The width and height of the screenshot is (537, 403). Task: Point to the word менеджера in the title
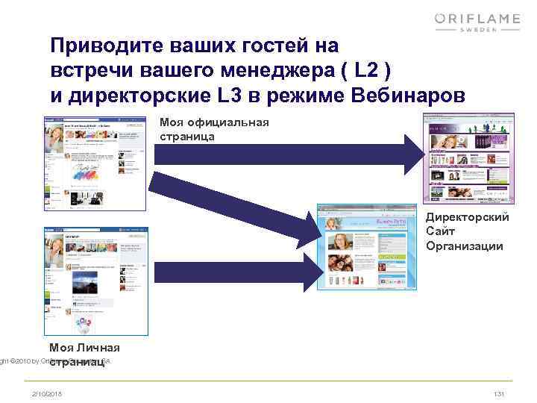tap(277, 72)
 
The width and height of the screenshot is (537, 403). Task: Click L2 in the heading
tap(371, 72)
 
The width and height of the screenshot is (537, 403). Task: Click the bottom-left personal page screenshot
tap(96, 281)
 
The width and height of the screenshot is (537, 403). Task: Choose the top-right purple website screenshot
tap(468, 157)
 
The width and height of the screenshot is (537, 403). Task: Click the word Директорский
tap(468, 218)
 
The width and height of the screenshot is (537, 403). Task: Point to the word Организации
tap(465, 246)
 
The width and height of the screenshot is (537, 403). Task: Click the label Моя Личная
tap(84, 348)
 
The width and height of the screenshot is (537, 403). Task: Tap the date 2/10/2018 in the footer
tap(48, 393)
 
